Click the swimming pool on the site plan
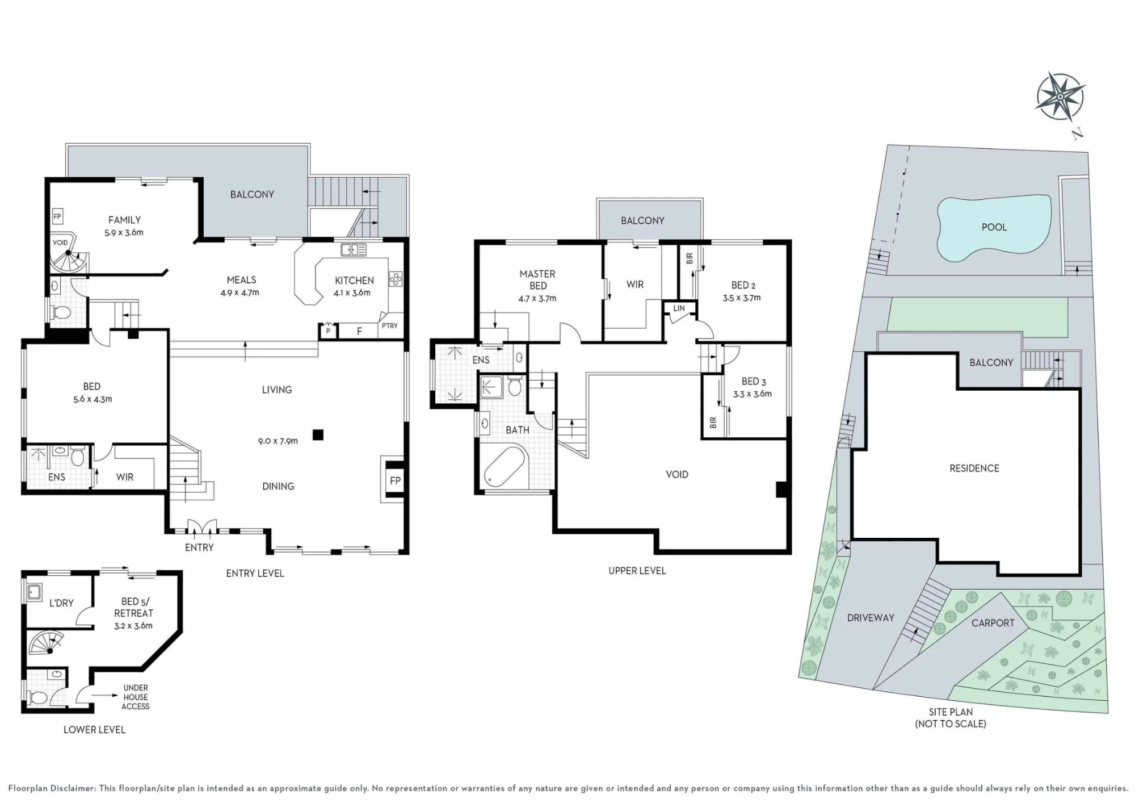coord(993,228)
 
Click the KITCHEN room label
coord(354,281)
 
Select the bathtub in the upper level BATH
coord(505,467)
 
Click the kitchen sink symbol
coord(354,249)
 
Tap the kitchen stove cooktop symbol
coord(396,279)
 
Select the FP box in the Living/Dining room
coord(395,480)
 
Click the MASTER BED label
coord(537,280)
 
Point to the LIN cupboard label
coord(679,308)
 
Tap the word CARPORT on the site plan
coord(993,623)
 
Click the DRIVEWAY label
coord(871,618)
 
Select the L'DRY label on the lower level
coord(61,603)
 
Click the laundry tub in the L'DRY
coord(34,592)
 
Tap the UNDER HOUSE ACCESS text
coord(135,697)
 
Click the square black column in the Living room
coord(318,434)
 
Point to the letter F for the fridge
coord(359,331)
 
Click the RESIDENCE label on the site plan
coord(974,469)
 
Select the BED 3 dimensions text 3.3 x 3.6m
coord(752,394)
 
